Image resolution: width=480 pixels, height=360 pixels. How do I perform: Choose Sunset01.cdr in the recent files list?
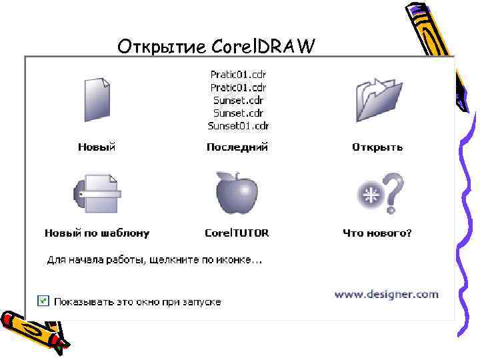[x=238, y=125]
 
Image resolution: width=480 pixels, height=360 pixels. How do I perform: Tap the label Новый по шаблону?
[x=97, y=233]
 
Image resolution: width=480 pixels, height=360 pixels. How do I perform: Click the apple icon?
[x=237, y=193]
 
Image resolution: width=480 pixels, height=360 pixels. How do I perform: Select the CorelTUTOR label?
[x=237, y=233]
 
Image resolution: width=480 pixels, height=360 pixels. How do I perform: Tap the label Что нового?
[x=377, y=233]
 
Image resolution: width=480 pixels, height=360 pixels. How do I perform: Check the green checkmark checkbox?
[x=43, y=301]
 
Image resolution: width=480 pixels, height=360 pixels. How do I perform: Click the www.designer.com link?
[x=386, y=293]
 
